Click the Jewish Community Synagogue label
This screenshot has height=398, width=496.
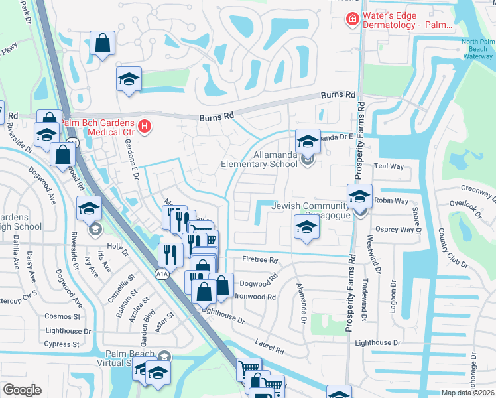coord(314,212)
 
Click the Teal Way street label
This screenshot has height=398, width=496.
coord(389,166)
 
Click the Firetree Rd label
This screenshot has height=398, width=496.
coord(260,260)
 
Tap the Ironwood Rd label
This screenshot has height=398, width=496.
coord(255,297)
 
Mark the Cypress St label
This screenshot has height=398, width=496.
coord(62,344)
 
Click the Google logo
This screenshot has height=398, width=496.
coord(22,390)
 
